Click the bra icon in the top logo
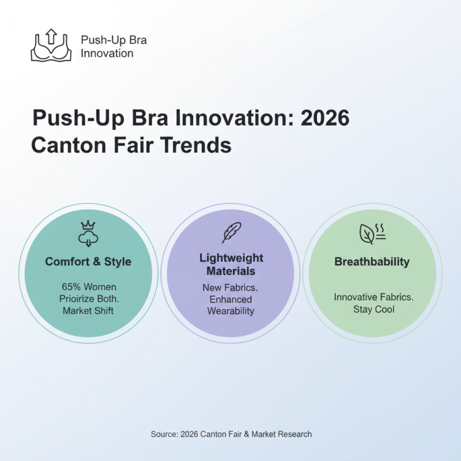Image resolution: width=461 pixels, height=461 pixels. tap(51, 51)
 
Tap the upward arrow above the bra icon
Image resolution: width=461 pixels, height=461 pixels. tap(51, 37)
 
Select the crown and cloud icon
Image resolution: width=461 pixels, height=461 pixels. tap(88, 232)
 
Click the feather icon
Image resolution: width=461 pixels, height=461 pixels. tap(231, 232)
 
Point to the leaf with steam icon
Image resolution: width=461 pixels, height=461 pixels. tap(372, 233)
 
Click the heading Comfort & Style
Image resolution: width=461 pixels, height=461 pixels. tap(88, 262)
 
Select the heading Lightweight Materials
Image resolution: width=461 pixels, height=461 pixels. tap(231, 264)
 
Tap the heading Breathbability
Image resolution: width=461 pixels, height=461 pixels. tap(372, 262)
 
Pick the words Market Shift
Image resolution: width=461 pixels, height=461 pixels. tap(88, 311)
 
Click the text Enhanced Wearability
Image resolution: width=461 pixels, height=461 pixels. tap(231, 305)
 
